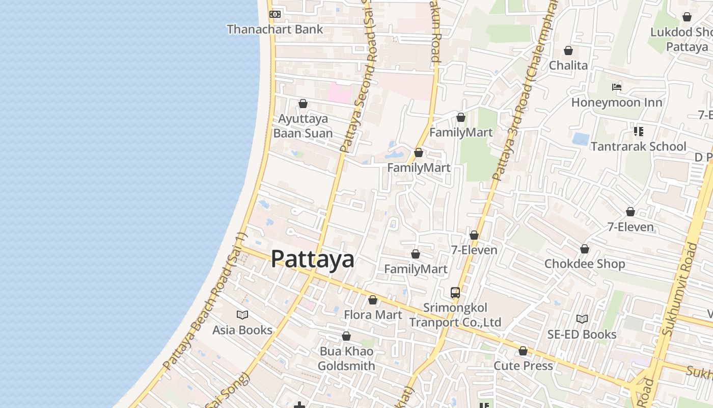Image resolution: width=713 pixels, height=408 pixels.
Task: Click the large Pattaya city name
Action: pos(312,259)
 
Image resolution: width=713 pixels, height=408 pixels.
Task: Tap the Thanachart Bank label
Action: pos(275,29)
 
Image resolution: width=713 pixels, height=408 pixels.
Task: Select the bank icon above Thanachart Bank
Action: pos(275,14)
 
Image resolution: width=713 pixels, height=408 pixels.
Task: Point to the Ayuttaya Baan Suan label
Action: pos(303,126)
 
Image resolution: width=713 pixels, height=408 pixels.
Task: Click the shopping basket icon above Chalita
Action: pos(568,50)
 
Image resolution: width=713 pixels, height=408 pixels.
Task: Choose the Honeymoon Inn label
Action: pos(617,103)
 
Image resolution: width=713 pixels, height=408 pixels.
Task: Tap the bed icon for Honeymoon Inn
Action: pos(617,87)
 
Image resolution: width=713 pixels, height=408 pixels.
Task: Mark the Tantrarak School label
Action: pos(638,147)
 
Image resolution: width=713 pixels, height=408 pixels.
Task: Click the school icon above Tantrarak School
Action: pos(638,132)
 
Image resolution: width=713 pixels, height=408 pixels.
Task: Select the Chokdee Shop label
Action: pos(585,264)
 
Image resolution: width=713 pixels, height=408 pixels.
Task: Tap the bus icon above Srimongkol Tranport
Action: pos(455,293)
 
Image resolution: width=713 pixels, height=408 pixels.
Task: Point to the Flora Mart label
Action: pos(373,315)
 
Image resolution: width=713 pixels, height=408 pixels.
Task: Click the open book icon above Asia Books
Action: pos(242,315)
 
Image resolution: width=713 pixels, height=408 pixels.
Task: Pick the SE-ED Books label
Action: pos(582,335)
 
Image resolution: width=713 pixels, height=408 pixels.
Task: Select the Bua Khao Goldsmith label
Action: pos(346,359)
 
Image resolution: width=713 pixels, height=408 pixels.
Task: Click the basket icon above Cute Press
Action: pos(523,351)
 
